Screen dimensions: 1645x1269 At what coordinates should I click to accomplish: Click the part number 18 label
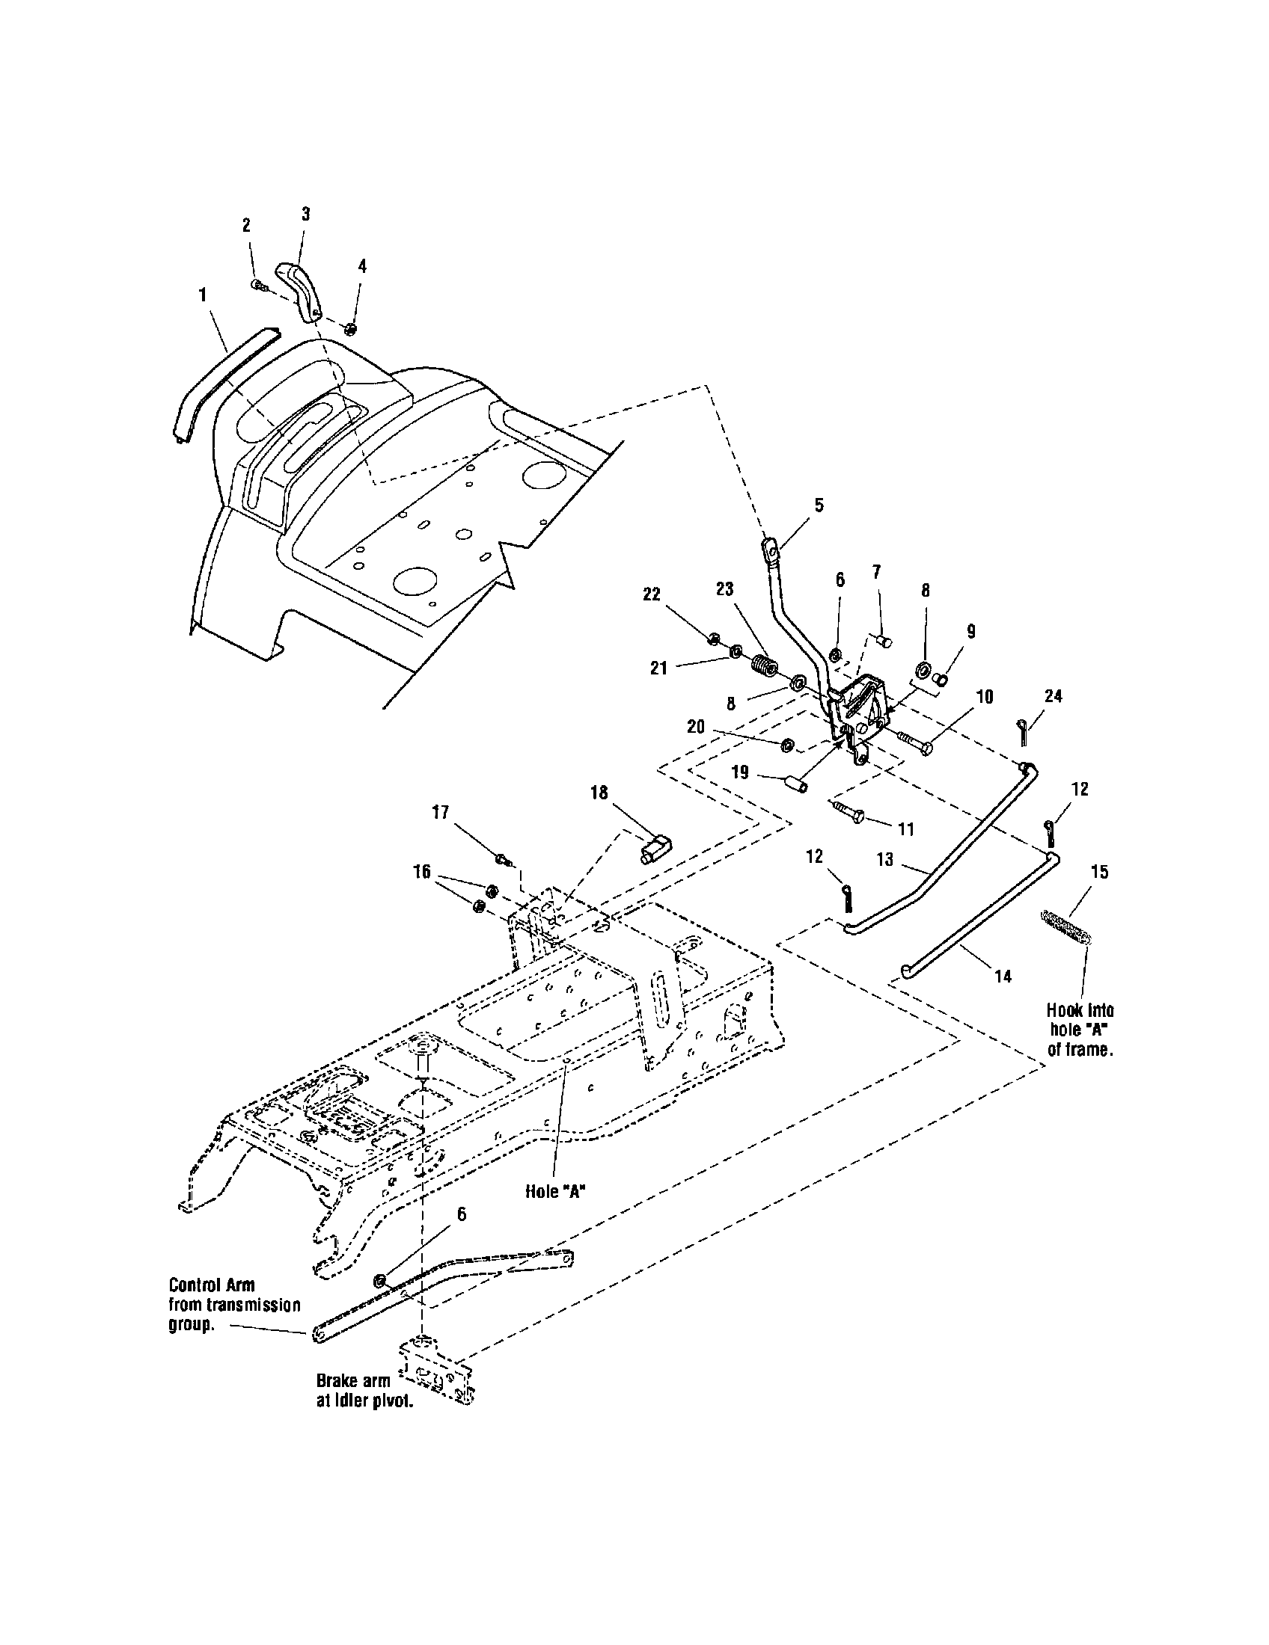click(x=599, y=793)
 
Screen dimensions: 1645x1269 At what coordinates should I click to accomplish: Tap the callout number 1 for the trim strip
click(x=202, y=295)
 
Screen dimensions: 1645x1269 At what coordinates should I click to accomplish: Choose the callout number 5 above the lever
click(x=819, y=505)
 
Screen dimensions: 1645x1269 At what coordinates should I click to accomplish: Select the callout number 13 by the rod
click(x=884, y=859)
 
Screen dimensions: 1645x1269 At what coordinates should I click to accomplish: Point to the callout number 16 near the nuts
click(x=421, y=871)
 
